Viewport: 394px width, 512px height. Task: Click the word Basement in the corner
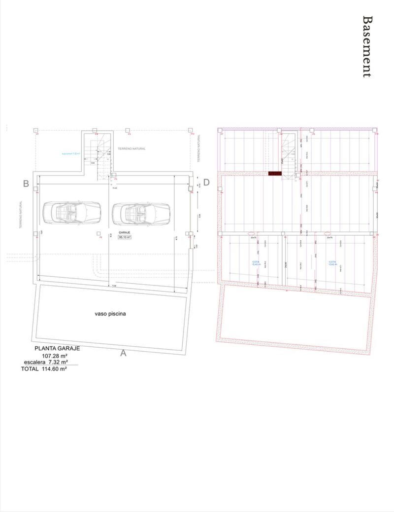[367, 46]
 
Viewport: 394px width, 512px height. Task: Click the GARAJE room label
[124, 231]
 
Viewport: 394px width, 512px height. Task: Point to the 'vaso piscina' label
[110, 314]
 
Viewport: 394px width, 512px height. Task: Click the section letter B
[26, 183]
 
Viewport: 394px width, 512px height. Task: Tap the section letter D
[206, 182]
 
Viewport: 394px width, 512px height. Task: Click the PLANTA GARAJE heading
[57, 348]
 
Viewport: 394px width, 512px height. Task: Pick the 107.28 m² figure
[54, 356]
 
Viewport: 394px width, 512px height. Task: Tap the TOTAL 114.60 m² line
[44, 368]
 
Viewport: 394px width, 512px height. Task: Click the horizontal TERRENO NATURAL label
[131, 148]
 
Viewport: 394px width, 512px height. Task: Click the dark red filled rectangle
[275, 174]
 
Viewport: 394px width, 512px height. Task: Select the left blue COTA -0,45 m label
[256, 263]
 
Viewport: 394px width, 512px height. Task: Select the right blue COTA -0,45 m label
[332, 263]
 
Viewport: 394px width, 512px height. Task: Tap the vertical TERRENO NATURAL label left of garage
[22, 214]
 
